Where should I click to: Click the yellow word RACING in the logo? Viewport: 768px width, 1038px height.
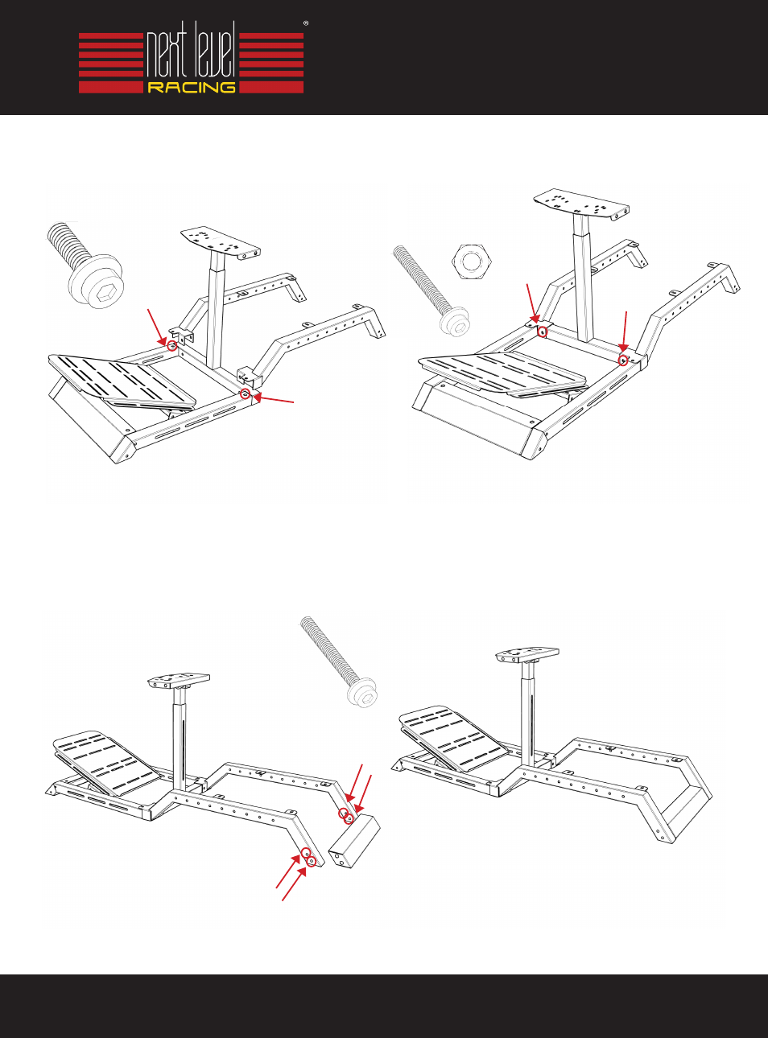pos(192,88)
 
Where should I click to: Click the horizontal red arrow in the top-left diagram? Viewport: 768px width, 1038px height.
pos(273,399)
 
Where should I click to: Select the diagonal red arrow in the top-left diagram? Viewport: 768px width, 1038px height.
pos(157,326)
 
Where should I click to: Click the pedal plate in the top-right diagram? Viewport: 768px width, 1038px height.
pos(502,373)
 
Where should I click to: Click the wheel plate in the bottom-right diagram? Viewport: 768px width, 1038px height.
pos(528,654)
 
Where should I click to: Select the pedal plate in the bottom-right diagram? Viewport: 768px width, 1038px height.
pos(454,739)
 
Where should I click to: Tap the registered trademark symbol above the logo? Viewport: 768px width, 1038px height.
pos(306,23)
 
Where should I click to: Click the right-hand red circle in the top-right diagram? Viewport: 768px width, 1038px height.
pos(623,360)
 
